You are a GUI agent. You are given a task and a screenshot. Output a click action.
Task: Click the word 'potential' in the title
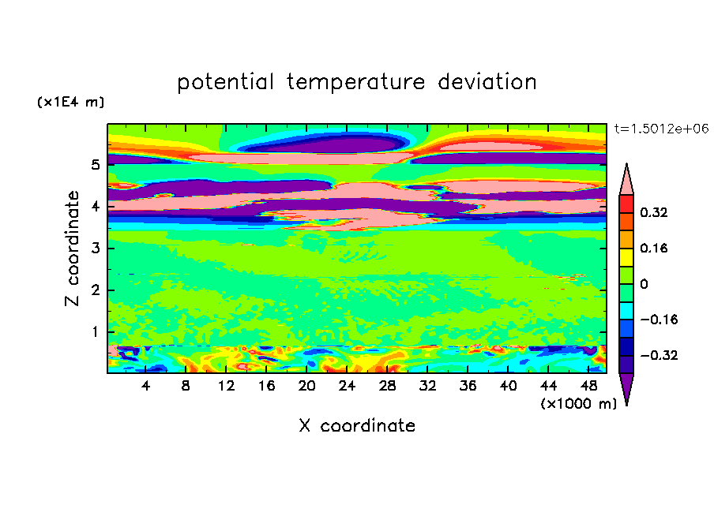(225, 82)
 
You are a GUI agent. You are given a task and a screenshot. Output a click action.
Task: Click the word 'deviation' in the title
(487, 81)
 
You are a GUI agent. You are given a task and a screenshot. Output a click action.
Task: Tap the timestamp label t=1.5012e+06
(661, 129)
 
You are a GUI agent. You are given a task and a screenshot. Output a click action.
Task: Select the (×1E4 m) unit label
(70, 102)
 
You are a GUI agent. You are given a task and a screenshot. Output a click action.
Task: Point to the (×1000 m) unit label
(578, 403)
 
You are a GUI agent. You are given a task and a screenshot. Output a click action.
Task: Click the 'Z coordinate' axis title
(73, 248)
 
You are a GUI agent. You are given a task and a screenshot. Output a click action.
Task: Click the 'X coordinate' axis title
(357, 425)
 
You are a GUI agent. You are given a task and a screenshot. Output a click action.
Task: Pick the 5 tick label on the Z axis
(95, 164)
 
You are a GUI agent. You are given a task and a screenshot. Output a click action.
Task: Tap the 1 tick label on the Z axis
(95, 331)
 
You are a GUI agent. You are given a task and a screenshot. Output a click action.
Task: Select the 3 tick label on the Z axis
(95, 248)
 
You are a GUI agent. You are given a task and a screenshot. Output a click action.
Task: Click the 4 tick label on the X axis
(145, 386)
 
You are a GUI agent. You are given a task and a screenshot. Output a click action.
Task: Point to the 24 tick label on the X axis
(347, 386)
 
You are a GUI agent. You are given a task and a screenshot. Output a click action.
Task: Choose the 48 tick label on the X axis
(588, 386)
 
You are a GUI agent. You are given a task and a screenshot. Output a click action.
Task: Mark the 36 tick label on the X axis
(468, 386)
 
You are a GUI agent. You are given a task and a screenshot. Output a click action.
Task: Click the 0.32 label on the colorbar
(654, 212)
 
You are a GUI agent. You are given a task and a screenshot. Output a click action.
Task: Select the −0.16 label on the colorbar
(659, 320)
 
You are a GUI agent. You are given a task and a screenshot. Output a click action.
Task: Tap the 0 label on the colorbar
(644, 284)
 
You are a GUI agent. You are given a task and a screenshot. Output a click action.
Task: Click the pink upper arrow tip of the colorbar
(626, 164)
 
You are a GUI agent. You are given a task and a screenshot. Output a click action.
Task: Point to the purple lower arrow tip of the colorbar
(626, 404)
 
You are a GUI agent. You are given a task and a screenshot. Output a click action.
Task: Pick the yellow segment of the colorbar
(626, 257)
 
